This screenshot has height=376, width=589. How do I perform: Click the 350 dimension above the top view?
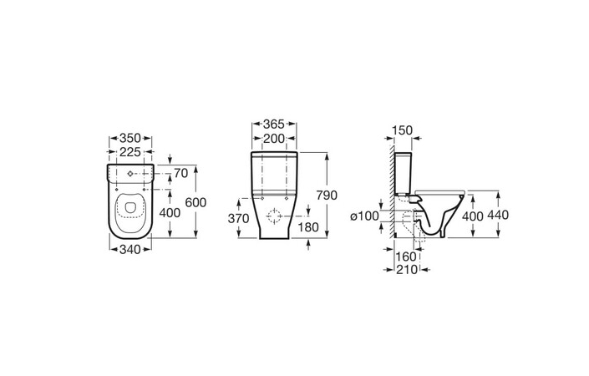coord(130,138)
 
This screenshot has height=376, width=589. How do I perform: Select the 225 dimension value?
coord(130,152)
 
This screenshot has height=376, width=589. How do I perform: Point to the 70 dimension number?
coord(180,174)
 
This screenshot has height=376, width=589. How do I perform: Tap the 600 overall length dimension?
coord(195,202)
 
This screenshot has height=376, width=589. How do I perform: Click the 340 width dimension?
coord(130,249)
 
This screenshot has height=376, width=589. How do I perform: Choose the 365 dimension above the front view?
coord(274,124)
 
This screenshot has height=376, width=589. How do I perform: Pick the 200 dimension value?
coord(274,139)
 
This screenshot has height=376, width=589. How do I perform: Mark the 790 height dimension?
coord(327,196)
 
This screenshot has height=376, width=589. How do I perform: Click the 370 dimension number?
coord(239,218)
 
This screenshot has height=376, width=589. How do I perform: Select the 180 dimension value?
coord(308,227)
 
